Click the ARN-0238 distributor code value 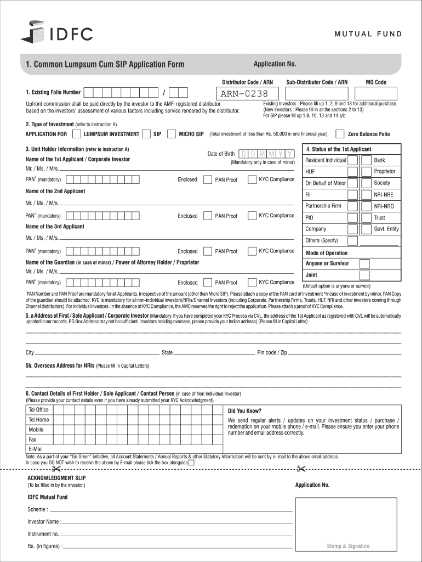coord(244,94)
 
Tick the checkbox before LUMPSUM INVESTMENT coord(77,134)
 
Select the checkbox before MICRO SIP coord(172,134)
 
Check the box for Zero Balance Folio coord(340,134)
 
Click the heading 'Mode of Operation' coord(326,253)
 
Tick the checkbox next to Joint coord(364,276)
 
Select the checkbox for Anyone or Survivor coord(364,264)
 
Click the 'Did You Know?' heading coord(244,411)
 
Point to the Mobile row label coord(36,430)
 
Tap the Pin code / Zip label coord(272,352)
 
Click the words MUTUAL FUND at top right coord(368,34)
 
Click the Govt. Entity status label coord(386,229)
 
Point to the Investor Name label coord(44,521)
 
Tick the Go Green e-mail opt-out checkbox coord(191,463)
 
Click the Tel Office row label coord(38,410)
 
